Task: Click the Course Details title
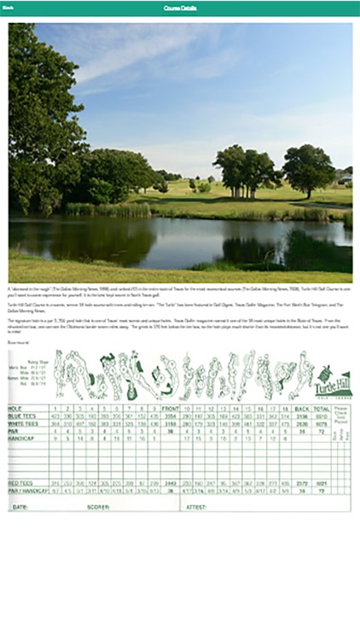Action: (x=179, y=8)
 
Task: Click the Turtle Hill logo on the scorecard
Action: (x=333, y=381)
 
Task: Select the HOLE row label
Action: (x=15, y=410)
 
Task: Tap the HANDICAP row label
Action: (x=20, y=438)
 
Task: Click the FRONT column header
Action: (x=170, y=410)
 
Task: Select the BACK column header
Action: (x=300, y=410)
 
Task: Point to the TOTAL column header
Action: (x=322, y=410)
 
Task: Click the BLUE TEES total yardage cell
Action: (x=322, y=416)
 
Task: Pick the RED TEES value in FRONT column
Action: (x=170, y=483)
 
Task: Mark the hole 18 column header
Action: (x=285, y=410)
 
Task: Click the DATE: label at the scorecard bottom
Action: (x=20, y=506)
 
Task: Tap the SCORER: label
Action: (x=98, y=506)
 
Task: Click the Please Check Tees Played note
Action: (x=341, y=416)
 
